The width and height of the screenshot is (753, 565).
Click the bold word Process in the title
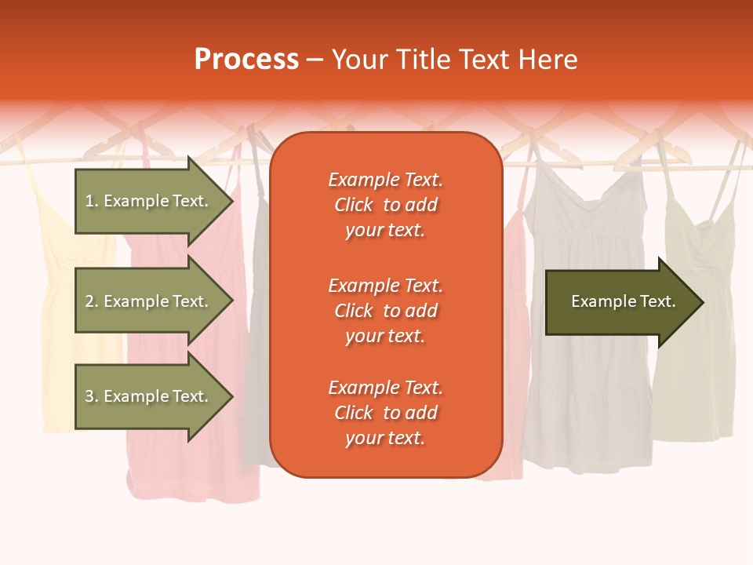point(246,60)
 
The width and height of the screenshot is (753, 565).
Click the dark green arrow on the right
point(620,301)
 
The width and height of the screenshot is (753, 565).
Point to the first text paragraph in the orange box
point(385,205)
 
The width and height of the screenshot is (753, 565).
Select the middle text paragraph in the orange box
point(385,311)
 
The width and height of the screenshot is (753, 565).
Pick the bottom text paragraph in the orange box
point(385,413)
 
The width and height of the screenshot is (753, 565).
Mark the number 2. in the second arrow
point(92,301)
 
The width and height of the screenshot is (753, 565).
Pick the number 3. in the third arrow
point(92,396)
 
